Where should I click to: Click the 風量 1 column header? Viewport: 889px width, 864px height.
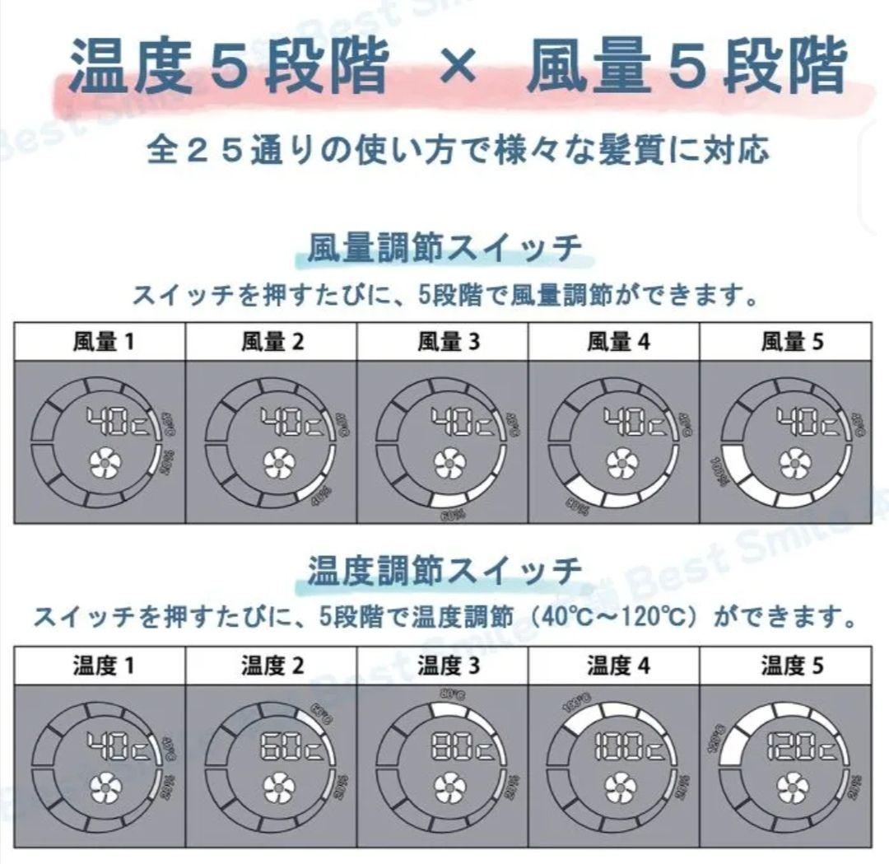pyautogui.click(x=101, y=342)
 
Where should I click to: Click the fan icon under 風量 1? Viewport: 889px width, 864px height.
pyautogui.click(x=105, y=465)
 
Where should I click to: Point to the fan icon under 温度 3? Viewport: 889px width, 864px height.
pyautogui.click(x=449, y=788)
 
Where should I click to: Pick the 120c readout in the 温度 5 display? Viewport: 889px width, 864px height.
pyautogui.click(x=801, y=747)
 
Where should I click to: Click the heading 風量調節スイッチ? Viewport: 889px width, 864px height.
pyautogui.click(x=444, y=248)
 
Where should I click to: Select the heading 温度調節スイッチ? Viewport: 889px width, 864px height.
pyautogui.click(x=444, y=569)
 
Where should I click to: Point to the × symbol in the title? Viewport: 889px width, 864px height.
pyautogui.click(x=457, y=68)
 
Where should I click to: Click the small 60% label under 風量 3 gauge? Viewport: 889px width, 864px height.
pyautogui.click(x=452, y=514)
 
